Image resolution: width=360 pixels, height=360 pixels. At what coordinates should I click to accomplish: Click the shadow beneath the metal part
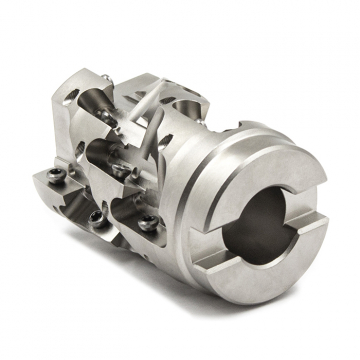pos(200,300)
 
